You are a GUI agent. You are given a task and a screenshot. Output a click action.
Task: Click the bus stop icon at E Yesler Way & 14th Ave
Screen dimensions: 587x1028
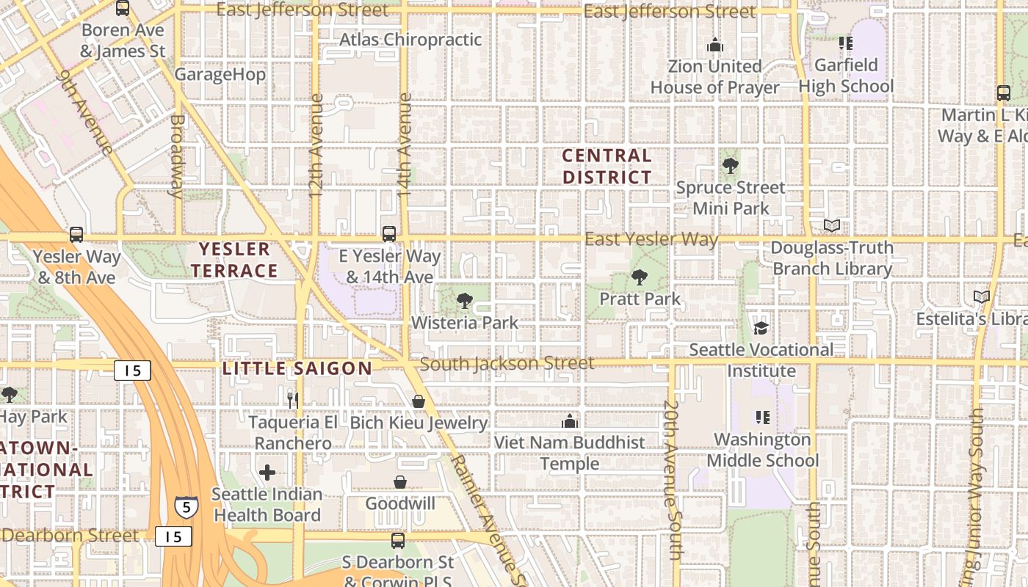(389, 234)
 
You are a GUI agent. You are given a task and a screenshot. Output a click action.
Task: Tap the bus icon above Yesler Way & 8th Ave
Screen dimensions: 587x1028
(76, 235)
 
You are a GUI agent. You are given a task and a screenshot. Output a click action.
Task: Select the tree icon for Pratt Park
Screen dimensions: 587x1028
(640, 277)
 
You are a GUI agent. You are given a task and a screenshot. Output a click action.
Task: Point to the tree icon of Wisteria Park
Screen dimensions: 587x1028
(464, 301)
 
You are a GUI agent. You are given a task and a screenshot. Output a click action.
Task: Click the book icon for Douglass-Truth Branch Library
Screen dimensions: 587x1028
(832, 226)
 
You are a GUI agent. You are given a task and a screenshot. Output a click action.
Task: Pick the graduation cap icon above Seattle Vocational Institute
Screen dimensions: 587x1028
(761, 328)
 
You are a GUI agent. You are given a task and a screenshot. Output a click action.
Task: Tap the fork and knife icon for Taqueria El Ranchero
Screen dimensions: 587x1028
(292, 400)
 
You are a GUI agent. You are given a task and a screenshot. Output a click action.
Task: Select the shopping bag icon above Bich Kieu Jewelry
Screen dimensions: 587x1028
(418, 401)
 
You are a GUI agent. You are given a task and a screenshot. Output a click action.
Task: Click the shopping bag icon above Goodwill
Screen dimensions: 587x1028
(400, 482)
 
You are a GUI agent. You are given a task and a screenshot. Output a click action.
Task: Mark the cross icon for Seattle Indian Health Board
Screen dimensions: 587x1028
(267, 472)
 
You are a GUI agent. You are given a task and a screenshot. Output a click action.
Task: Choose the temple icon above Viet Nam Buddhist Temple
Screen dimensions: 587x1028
(569, 421)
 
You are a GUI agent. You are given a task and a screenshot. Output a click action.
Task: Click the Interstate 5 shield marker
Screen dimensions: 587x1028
(186, 507)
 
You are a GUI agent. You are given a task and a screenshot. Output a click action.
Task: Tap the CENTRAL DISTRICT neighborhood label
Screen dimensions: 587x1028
(607, 167)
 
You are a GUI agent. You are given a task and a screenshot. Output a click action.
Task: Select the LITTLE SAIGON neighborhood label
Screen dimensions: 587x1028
(297, 368)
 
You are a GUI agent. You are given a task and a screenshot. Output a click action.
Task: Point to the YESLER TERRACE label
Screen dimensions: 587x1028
(235, 260)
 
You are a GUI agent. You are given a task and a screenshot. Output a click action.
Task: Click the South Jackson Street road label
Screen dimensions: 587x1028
(507, 363)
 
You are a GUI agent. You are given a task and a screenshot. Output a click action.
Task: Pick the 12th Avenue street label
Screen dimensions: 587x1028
(316, 145)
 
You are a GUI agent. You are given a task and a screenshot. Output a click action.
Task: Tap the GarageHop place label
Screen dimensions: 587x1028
(220, 74)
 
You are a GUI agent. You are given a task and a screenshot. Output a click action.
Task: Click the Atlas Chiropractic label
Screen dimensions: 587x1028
(410, 40)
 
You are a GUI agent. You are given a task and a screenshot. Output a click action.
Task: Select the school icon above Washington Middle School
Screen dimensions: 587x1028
(762, 418)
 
